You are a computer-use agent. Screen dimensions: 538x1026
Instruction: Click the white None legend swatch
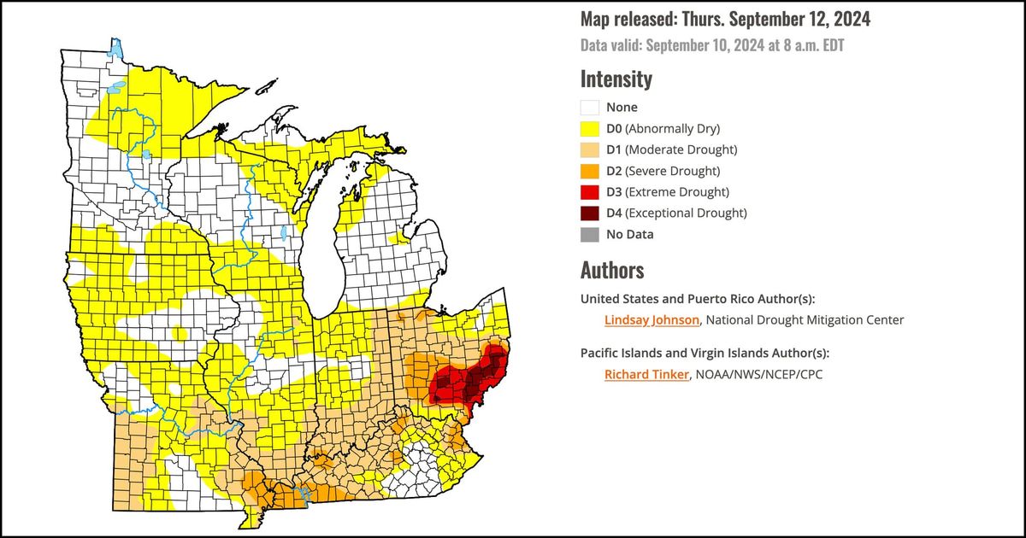click(x=589, y=108)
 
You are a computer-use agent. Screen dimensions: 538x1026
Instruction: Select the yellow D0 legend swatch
click(x=589, y=129)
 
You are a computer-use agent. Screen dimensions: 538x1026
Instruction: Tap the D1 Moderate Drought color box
click(x=589, y=150)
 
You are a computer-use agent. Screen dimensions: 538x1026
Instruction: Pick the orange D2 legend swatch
click(x=589, y=171)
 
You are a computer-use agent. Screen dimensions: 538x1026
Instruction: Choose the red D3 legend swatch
click(x=589, y=192)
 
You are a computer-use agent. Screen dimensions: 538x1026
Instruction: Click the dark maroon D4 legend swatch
click(x=589, y=213)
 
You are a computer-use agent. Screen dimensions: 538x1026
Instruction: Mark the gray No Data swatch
click(x=589, y=234)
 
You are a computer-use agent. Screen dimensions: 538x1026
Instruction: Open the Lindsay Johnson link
click(x=652, y=320)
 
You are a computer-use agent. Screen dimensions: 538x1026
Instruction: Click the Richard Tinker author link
click(x=646, y=374)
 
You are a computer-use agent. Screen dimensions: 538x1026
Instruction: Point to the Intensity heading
click(x=616, y=79)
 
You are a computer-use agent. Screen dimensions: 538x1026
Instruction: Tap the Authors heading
click(x=611, y=271)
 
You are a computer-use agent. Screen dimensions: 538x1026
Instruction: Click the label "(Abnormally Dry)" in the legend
click(x=673, y=129)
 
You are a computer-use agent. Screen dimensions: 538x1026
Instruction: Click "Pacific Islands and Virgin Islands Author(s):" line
click(x=705, y=353)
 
